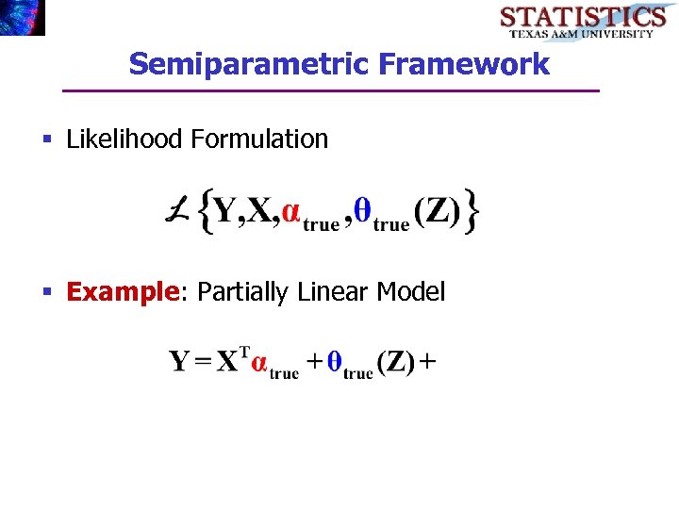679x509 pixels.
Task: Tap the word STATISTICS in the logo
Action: coord(582,17)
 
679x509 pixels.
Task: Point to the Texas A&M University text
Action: coord(582,34)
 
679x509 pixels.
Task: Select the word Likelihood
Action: coord(125,140)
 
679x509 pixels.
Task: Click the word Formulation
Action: coord(259,140)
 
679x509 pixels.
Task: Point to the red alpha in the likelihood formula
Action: coord(291,214)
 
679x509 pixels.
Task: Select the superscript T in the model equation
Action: coord(244,353)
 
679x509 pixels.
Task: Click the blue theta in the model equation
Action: coord(333,363)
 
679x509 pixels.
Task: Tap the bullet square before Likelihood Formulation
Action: coord(47,140)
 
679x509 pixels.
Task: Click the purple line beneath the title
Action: coord(330,90)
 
